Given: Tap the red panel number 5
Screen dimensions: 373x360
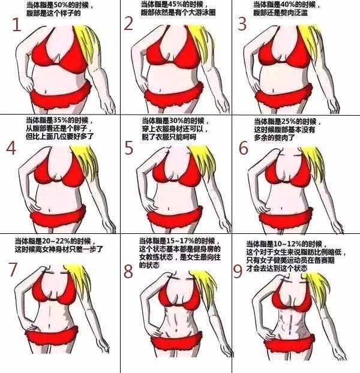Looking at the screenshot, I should tap(129, 148).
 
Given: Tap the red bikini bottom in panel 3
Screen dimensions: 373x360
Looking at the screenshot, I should tap(281, 95).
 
